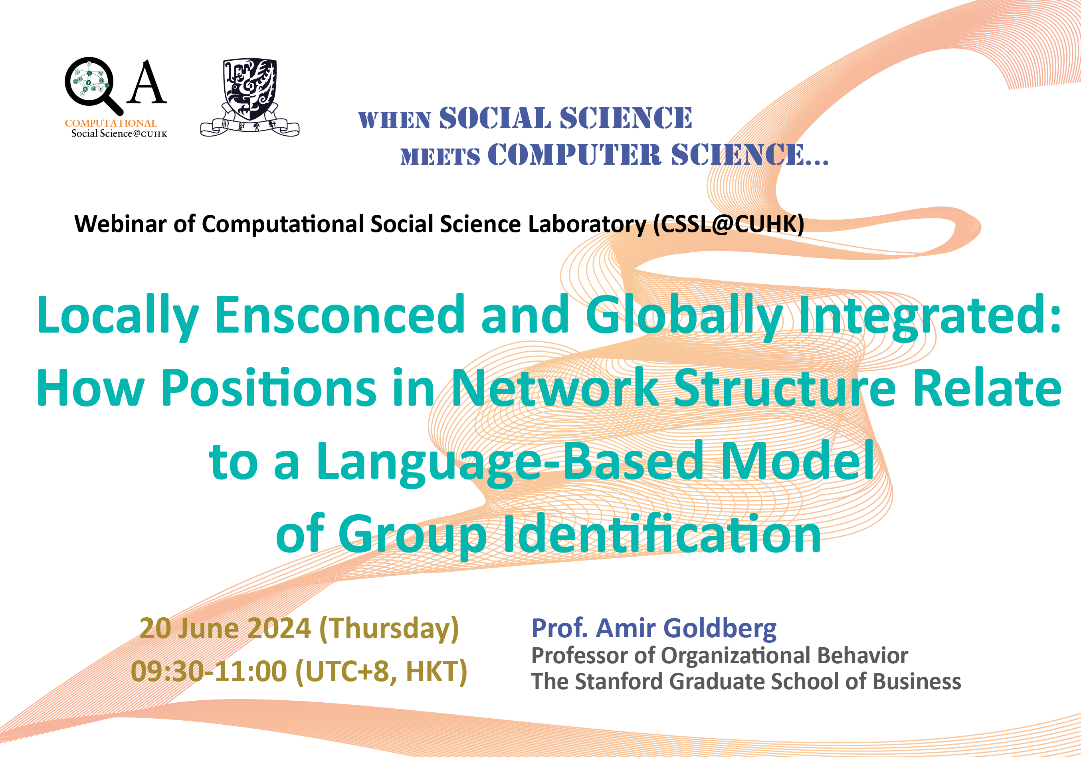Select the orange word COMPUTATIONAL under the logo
pyautogui.click(x=111, y=123)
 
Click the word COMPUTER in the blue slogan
pyautogui.click(x=574, y=155)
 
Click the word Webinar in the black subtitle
pyautogui.click(x=120, y=224)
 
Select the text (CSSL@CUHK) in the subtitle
pyautogui.click(x=729, y=224)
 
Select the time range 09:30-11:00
pyautogui.click(x=208, y=671)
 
